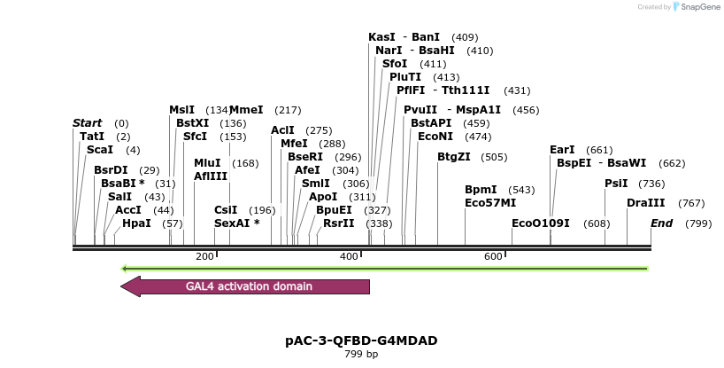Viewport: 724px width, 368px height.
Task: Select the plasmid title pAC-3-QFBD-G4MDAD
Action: [x=361, y=341]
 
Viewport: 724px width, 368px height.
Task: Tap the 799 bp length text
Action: [x=361, y=355]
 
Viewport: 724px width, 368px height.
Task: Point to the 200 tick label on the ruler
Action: [x=204, y=256]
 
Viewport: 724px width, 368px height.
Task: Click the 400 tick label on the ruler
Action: [x=348, y=256]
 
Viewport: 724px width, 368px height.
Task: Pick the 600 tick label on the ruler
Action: [x=492, y=256]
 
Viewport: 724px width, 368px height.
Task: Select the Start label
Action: [x=87, y=123]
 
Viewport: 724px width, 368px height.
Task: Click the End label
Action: [x=662, y=223]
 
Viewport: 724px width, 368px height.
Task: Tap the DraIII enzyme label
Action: [x=644, y=203]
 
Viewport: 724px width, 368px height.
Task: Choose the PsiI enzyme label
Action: [x=616, y=184]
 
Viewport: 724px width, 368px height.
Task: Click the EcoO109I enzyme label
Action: [x=541, y=223]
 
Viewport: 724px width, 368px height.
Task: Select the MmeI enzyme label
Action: [x=246, y=110]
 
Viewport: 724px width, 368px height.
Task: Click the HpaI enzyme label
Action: [x=136, y=223]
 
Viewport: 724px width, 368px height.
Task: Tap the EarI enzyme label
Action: [x=562, y=150]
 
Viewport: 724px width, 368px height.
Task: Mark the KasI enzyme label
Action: [x=381, y=37]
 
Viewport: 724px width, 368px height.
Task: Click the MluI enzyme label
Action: [x=207, y=163]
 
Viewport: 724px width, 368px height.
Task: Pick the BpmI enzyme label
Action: [x=481, y=190]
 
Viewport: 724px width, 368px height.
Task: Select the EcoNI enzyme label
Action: [x=435, y=137]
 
